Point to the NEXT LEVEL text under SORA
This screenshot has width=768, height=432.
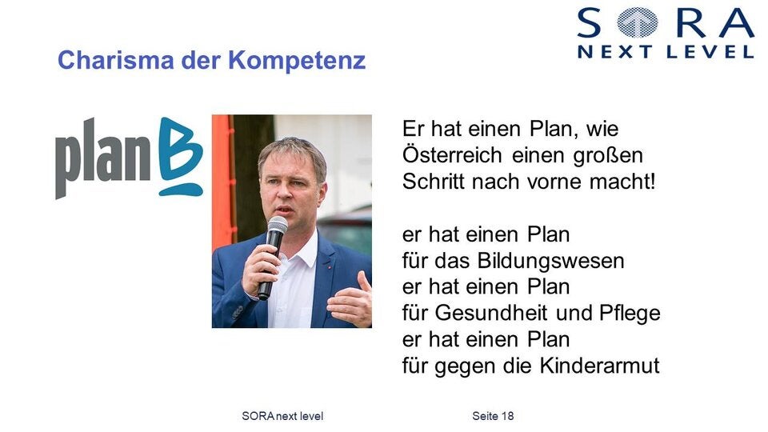(x=666, y=52)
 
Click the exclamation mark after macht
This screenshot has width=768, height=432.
(x=652, y=182)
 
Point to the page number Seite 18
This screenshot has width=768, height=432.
(x=493, y=416)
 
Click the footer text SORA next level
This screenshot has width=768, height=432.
(x=282, y=416)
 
